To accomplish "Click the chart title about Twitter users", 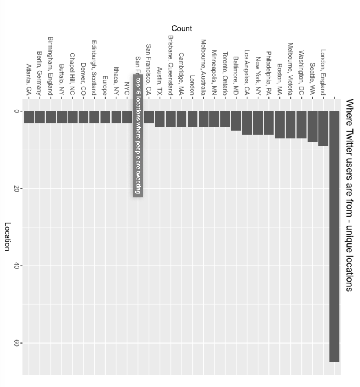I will tap(349, 195).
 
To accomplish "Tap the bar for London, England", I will tap(323, 128).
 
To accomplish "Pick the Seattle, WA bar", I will tap(312, 127).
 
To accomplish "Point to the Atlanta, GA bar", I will tap(29, 117).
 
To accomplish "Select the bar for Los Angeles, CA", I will tap(247, 123).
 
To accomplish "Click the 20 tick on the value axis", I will tap(16, 189).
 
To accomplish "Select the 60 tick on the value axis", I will tap(16, 343).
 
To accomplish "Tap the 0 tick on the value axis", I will tap(16, 111).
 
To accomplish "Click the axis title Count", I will tap(182, 28).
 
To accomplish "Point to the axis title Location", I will tap(7, 236).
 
